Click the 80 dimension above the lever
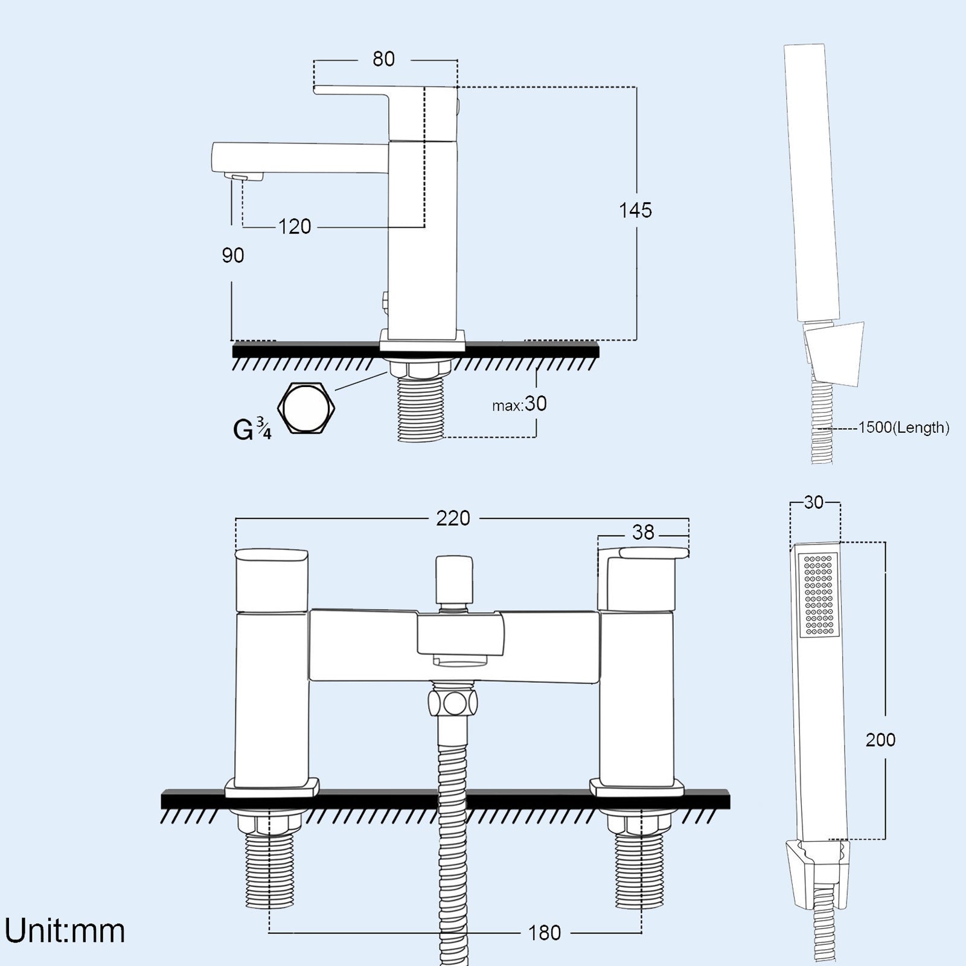(383, 59)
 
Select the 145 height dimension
(635, 210)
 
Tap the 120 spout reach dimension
(295, 227)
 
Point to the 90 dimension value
(233, 256)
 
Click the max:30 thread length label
(519, 404)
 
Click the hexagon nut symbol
(306, 408)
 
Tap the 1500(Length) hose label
(903, 428)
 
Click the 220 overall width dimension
(453, 518)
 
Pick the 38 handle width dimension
(643, 533)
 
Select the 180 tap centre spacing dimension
(545, 933)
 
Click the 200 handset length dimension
(880, 740)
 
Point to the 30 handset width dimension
(814, 502)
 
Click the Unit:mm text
(65, 930)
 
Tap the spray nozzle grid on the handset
(819, 595)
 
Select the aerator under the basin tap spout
(245, 176)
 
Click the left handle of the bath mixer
(270, 580)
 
